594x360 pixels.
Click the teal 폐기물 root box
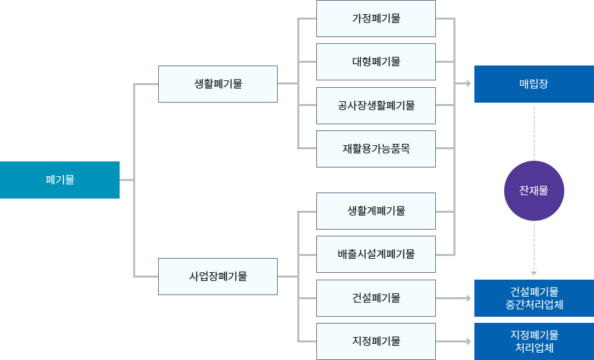(x=60, y=180)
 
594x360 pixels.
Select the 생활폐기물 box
(x=217, y=84)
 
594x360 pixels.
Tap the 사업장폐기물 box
(x=217, y=276)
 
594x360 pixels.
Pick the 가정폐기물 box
(x=376, y=18)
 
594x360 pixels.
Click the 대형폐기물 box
(x=376, y=61)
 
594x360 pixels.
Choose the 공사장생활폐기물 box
(x=376, y=105)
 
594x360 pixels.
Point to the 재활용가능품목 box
(x=376, y=149)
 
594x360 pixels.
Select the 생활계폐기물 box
(x=376, y=211)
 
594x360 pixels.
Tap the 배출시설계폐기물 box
(x=376, y=255)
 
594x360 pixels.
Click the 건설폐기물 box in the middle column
(x=376, y=298)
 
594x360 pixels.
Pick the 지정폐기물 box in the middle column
(x=376, y=341)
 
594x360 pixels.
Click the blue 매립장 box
(x=533, y=84)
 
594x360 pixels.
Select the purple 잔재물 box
(x=533, y=190)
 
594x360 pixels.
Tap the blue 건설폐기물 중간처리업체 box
(x=533, y=298)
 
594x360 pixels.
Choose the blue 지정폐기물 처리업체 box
(x=533, y=341)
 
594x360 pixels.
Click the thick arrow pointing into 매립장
(x=462, y=84)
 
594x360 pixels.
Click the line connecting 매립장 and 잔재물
(x=534, y=131)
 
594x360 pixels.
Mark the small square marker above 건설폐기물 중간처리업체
(x=534, y=274)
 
